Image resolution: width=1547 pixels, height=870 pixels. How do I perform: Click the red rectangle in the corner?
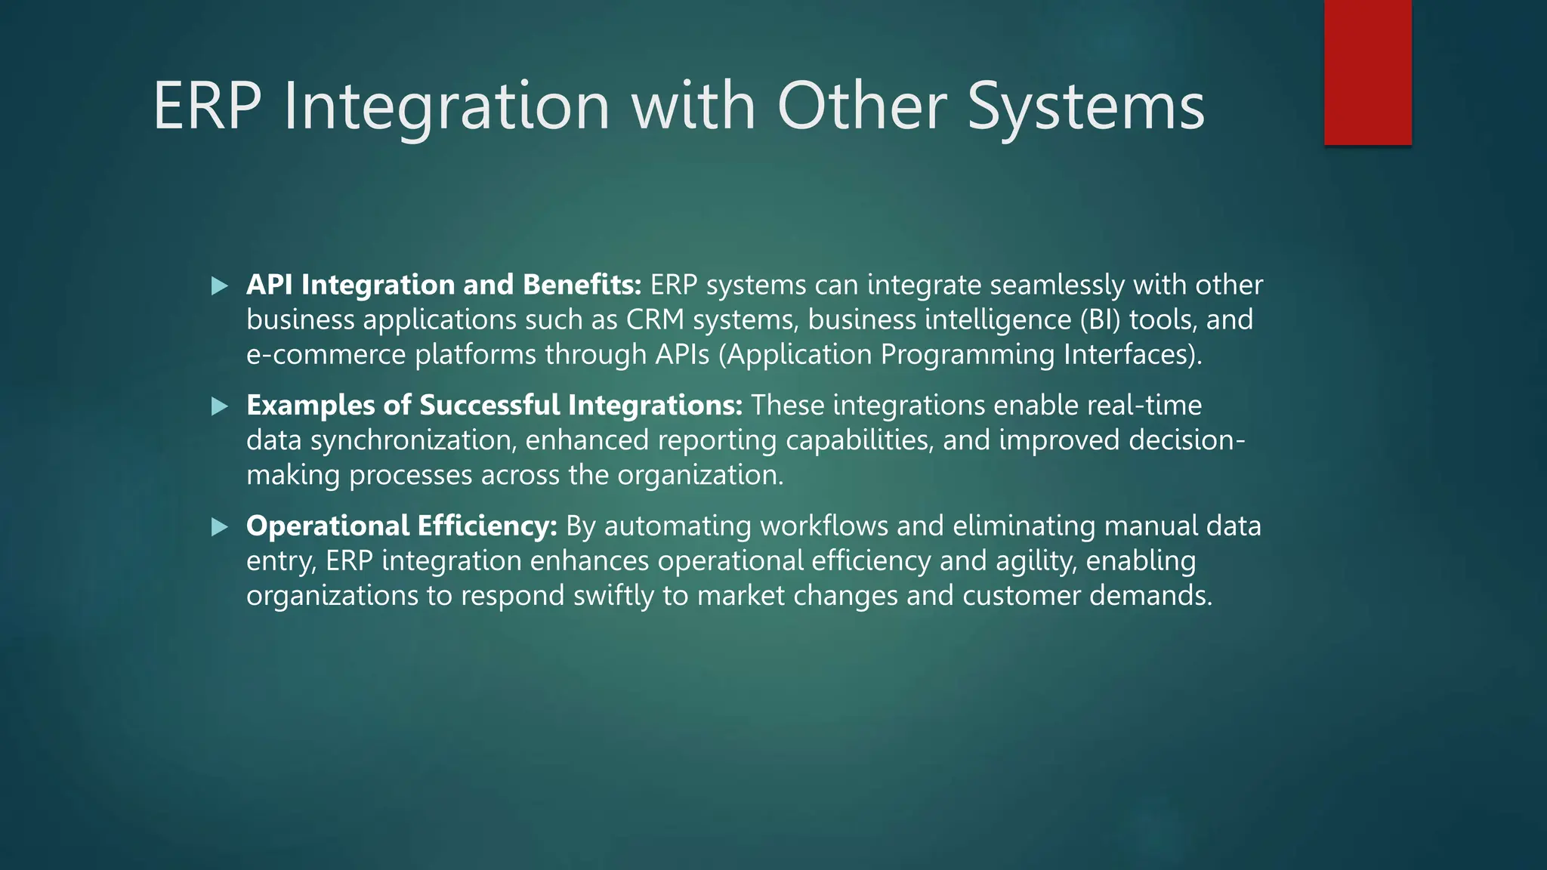click(x=1367, y=72)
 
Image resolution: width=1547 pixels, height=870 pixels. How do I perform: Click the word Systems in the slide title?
click(x=1085, y=106)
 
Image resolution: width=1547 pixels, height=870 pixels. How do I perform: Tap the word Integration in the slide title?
click(x=446, y=106)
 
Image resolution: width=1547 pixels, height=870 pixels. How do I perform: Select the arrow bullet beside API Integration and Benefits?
click(x=220, y=286)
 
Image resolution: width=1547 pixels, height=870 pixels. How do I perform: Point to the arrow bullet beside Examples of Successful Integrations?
click(x=220, y=407)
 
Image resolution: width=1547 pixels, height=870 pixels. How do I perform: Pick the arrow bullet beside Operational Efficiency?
click(x=220, y=527)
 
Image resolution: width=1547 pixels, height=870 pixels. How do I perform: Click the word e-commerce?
click(x=326, y=355)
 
